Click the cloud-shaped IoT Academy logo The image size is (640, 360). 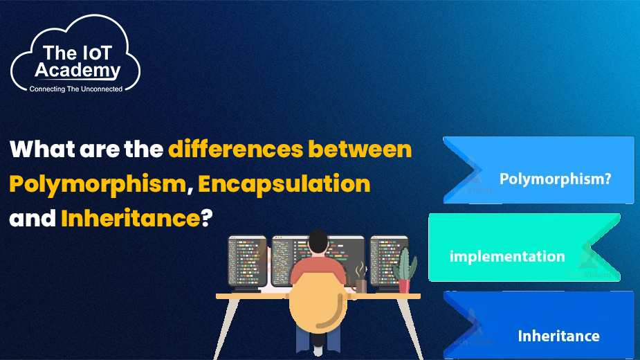pyautogui.click(x=75, y=54)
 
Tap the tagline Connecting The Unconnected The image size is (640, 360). pyautogui.click(x=76, y=89)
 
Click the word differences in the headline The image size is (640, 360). pyautogui.click(x=235, y=149)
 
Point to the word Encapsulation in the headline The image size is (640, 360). pyautogui.click(x=284, y=184)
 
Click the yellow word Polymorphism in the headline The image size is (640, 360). pyautogui.click(x=98, y=184)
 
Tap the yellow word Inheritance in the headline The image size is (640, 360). pyautogui.click(x=131, y=218)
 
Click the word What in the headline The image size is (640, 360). pyautogui.click(x=42, y=149)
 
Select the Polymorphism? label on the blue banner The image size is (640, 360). pyautogui.click(x=555, y=179)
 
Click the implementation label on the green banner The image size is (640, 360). pyautogui.click(x=507, y=257)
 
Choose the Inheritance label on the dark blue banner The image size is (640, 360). pyautogui.click(x=559, y=336)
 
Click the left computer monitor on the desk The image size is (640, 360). pyautogui.click(x=247, y=261)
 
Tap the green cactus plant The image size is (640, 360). pyautogui.click(x=405, y=264)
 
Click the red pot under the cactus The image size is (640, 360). pyautogui.click(x=404, y=286)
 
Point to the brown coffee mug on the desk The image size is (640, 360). pyautogui.click(x=360, y=286)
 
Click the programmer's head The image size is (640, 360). pyautogui.click(x=318, y=242)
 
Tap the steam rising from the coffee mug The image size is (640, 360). pyautogui.click(x=360, y=270)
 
